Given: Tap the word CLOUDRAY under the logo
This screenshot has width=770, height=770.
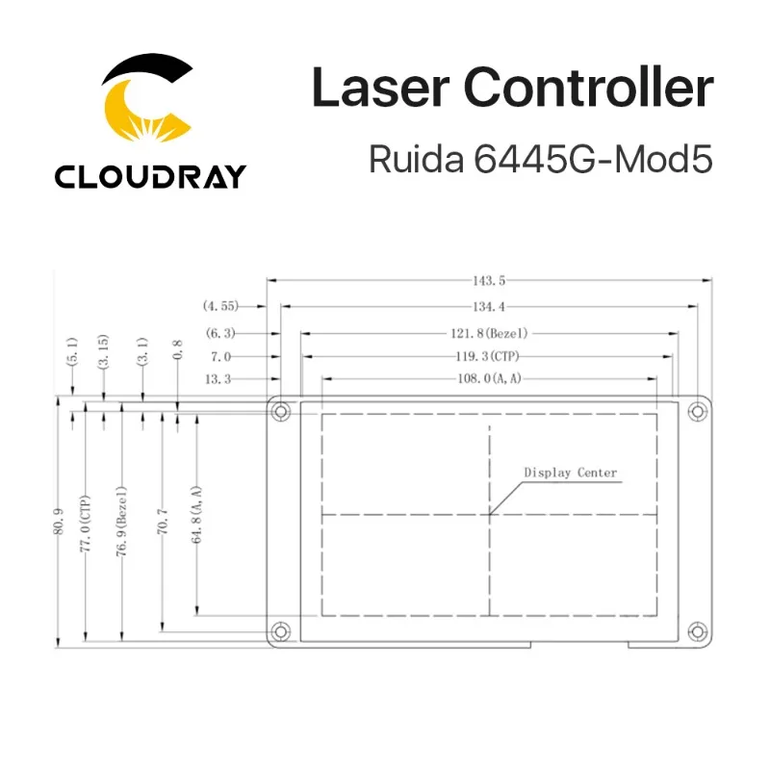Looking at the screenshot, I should click(x=150, y=176).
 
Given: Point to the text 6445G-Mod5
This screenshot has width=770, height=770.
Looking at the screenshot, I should click(x=593, y=159).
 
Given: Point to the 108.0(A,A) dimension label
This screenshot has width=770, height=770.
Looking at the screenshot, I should click(x=488, y=379).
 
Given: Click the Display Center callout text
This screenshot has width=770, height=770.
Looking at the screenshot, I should click(x=570, y=473).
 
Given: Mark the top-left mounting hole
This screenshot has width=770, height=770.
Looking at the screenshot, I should click(x=280, y=412).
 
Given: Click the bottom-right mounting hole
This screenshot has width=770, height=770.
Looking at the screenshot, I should click(x=696, y=631).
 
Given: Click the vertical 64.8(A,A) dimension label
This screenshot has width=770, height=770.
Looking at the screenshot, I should click(x=197, y=515).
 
